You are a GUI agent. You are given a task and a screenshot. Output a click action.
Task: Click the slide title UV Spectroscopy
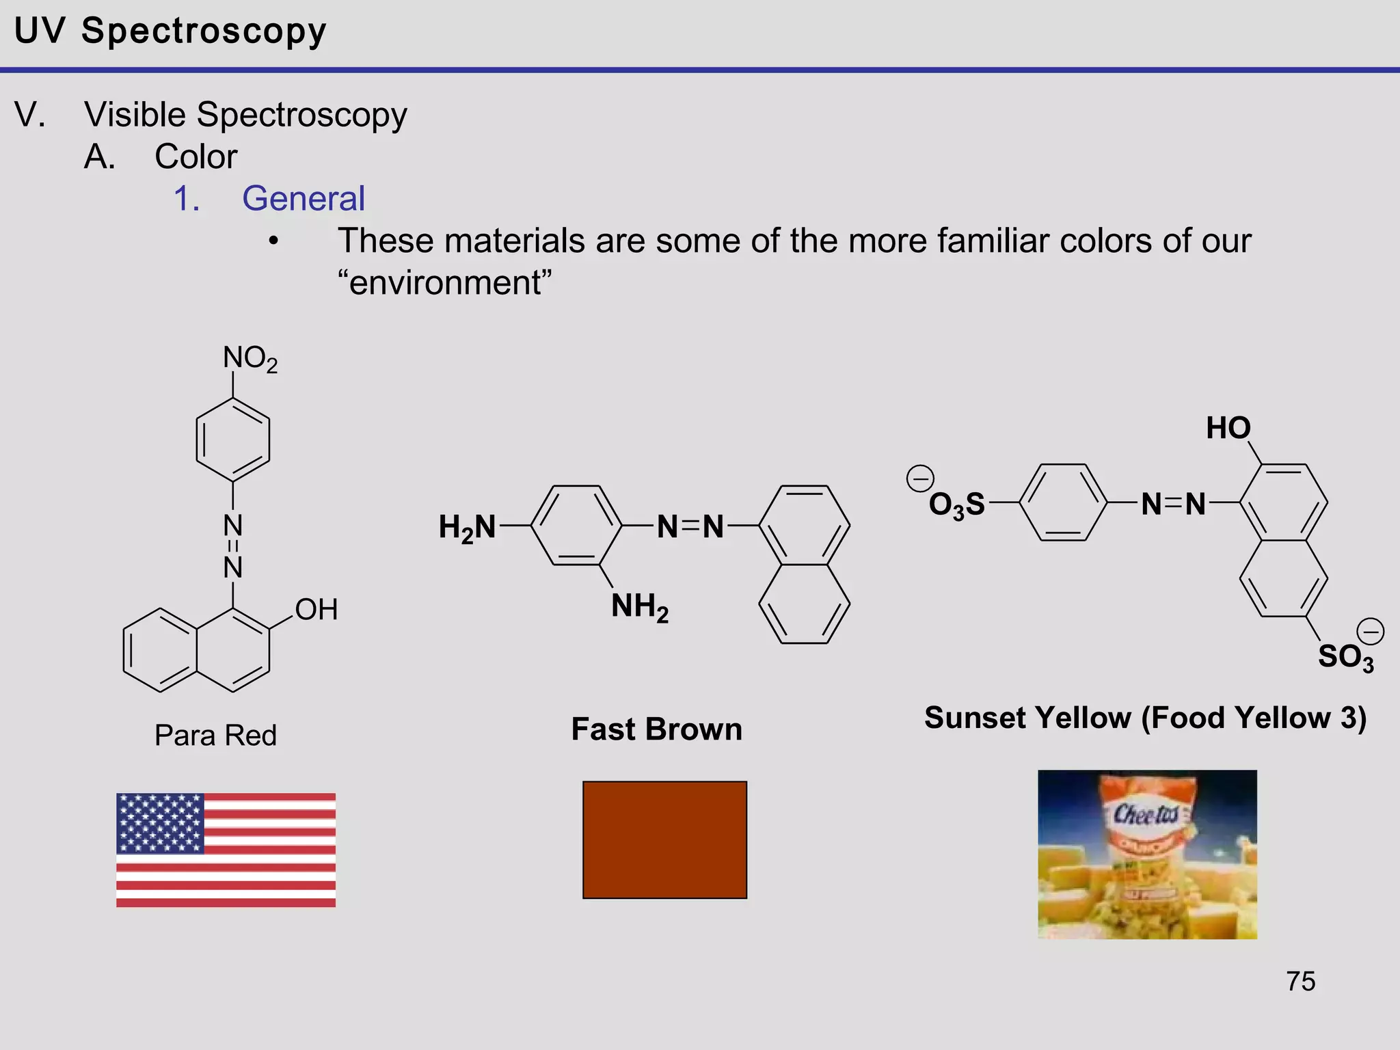pyautogui.click(x=170, y=31)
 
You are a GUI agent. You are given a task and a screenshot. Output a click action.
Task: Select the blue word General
pyautogui.click(x=304, y=199)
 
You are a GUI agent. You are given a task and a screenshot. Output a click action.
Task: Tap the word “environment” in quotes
pyautogui.click(x=445, y=282)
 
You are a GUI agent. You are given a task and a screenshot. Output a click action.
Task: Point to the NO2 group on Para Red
pyautogui.click(x=250, y=358)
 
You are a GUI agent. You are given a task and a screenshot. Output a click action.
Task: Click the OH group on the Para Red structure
pyautogui.click(x=316, y=609)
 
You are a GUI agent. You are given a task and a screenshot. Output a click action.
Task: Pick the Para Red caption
pyautogui.click(x=215, y=736)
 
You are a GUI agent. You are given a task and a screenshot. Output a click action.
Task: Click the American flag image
pyautogui.click(x=226, y=850)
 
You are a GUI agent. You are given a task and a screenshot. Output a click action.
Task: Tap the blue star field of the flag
pyautogui.click(x=160, y=823)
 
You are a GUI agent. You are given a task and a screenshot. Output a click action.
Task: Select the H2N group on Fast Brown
pyautogui.click(x=468, y=528)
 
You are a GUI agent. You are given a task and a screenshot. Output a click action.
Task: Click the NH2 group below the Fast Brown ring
pyautogui.click(x=640, y=606)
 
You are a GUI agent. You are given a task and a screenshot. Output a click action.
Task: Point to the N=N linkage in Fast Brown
pyautogui.click(x=690, y=527)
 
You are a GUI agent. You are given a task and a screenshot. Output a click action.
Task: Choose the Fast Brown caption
pyautogui.click(x=656, y=729)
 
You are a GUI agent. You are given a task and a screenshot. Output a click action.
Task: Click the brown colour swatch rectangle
pyautogui.click(x=664, y=839)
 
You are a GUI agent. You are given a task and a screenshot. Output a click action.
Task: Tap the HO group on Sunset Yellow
pyautogui.click(x=1228, y=429)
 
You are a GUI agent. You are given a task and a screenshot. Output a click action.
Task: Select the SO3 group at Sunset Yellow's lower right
pyautogui.click(x=1345, y=657)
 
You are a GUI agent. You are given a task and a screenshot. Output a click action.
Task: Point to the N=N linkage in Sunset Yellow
pyautogui.click(x=1173, y=504)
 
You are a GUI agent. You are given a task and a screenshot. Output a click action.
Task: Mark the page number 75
pyautogui.click(x=1300, y=982)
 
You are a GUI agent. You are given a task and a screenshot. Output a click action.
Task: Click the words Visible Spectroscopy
pyautogui.click(x=245, y=115)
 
